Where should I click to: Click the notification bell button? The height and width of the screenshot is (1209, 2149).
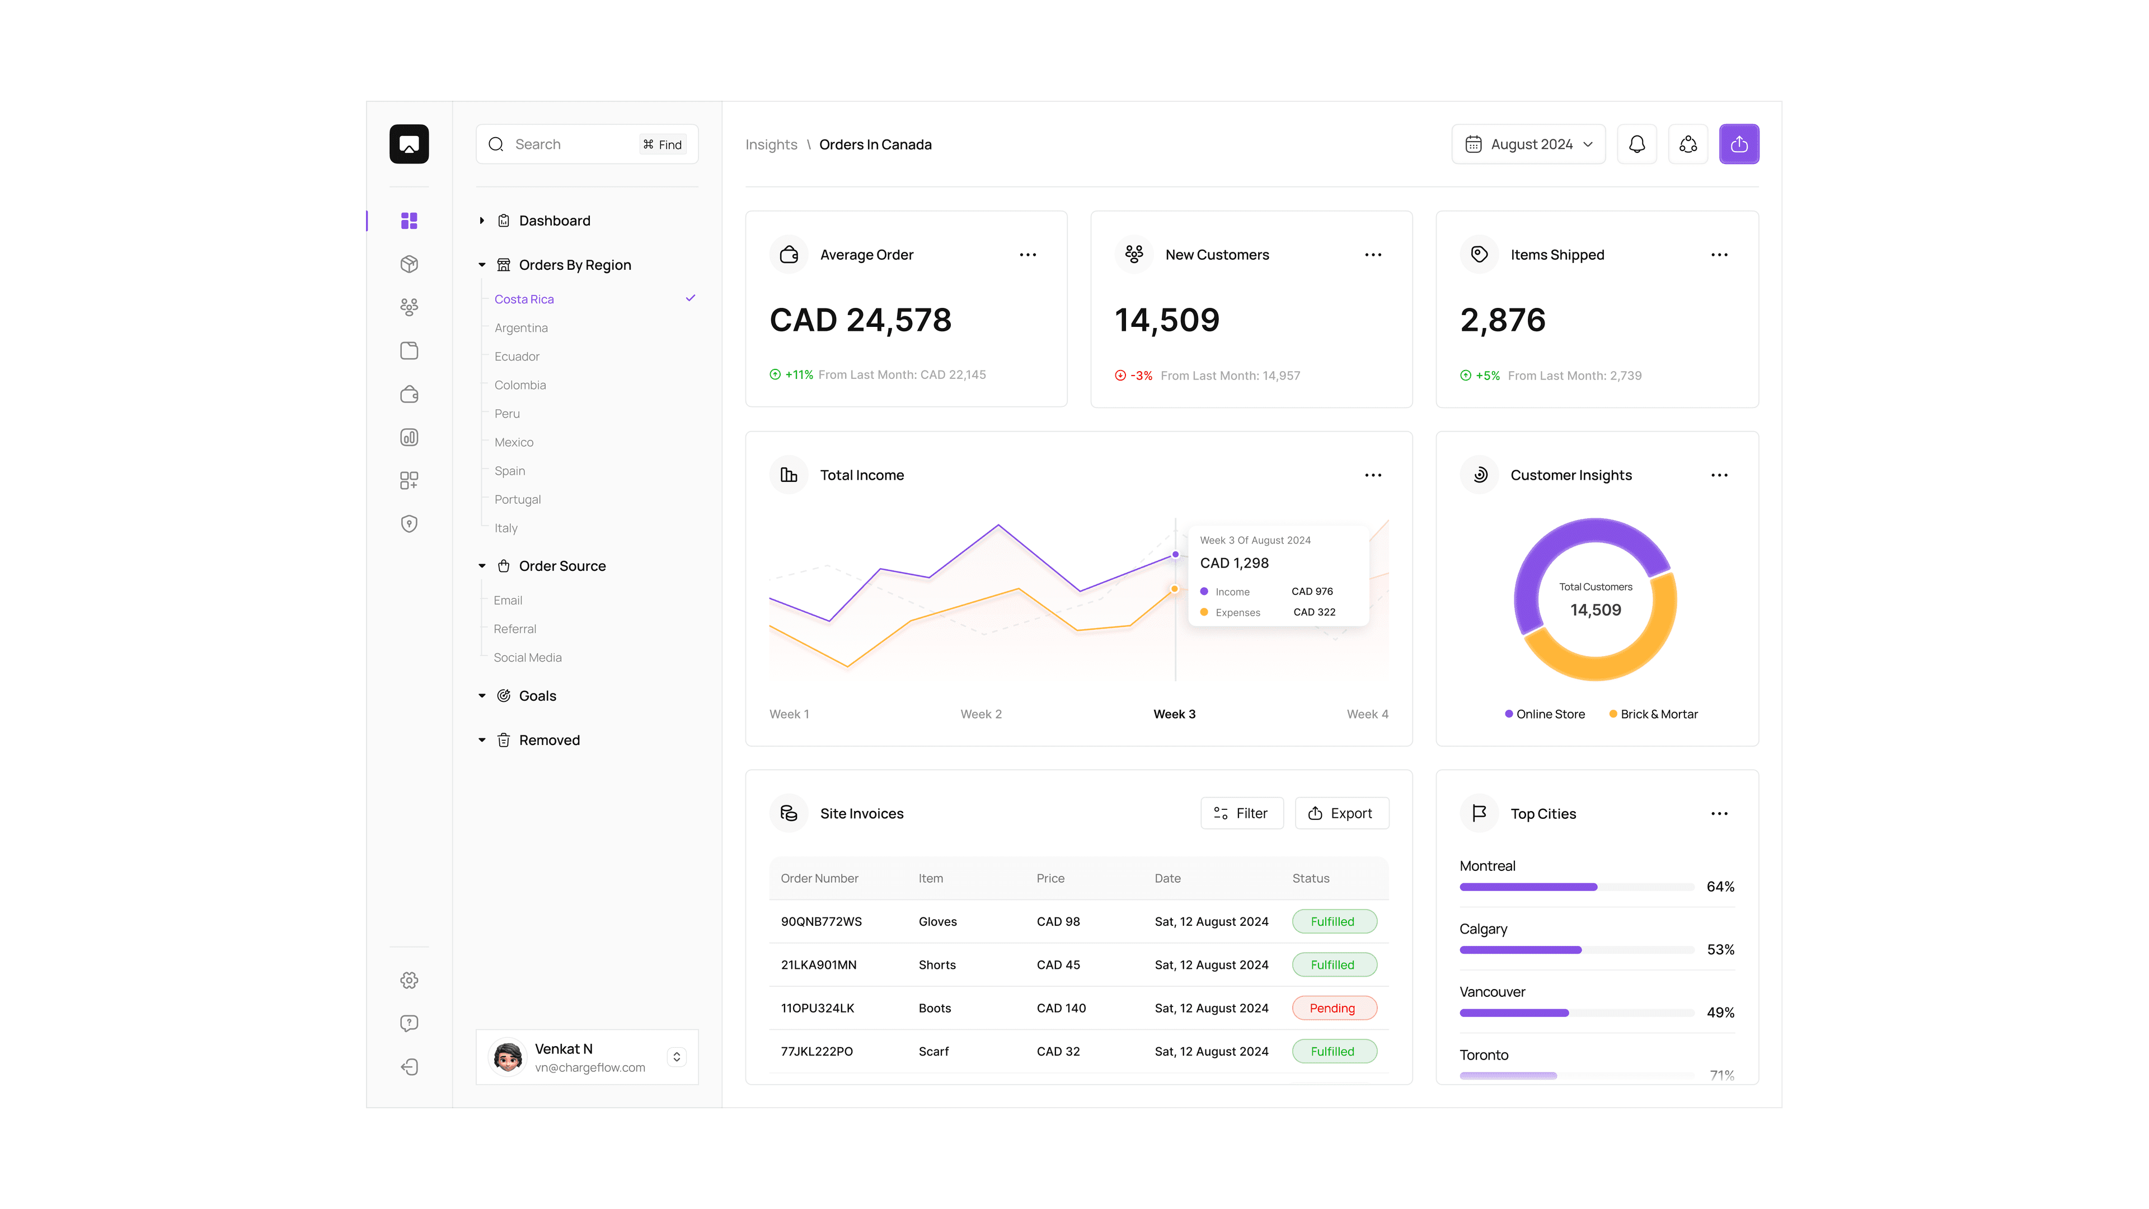[1637, 144]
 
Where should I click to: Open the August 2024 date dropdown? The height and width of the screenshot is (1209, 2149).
[1528, 144]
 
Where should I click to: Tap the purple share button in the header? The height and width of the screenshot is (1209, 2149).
[1739, 144]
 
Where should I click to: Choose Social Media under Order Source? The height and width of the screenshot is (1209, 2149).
[527, 658]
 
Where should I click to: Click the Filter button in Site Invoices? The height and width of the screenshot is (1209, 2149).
[1241, 813]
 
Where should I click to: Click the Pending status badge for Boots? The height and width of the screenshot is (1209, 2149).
[1333, 1008]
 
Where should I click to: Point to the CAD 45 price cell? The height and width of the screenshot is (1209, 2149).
[1058, 964]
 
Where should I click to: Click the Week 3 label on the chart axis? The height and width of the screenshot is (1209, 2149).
[1174, 714]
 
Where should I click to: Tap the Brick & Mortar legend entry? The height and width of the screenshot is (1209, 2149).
[1654, 714]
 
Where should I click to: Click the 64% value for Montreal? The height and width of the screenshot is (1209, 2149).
[1720, 886]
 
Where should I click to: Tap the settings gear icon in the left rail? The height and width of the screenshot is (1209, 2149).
[409, 981]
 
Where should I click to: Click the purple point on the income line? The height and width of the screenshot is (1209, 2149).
[1175, 554]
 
